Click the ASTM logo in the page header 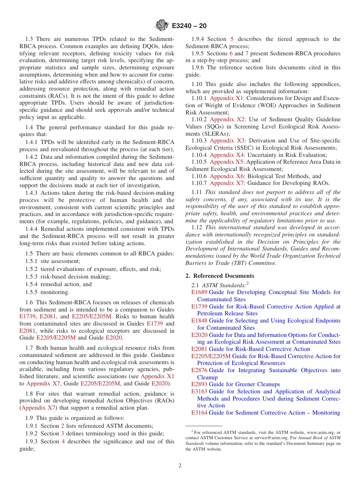(162, 26)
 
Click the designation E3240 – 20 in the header (189, 26)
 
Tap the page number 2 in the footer (180, 466)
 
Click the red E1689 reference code (199, 292)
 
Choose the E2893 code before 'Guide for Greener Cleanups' (199, 384)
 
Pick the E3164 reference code (199, 413)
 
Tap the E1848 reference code (199, 321)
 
